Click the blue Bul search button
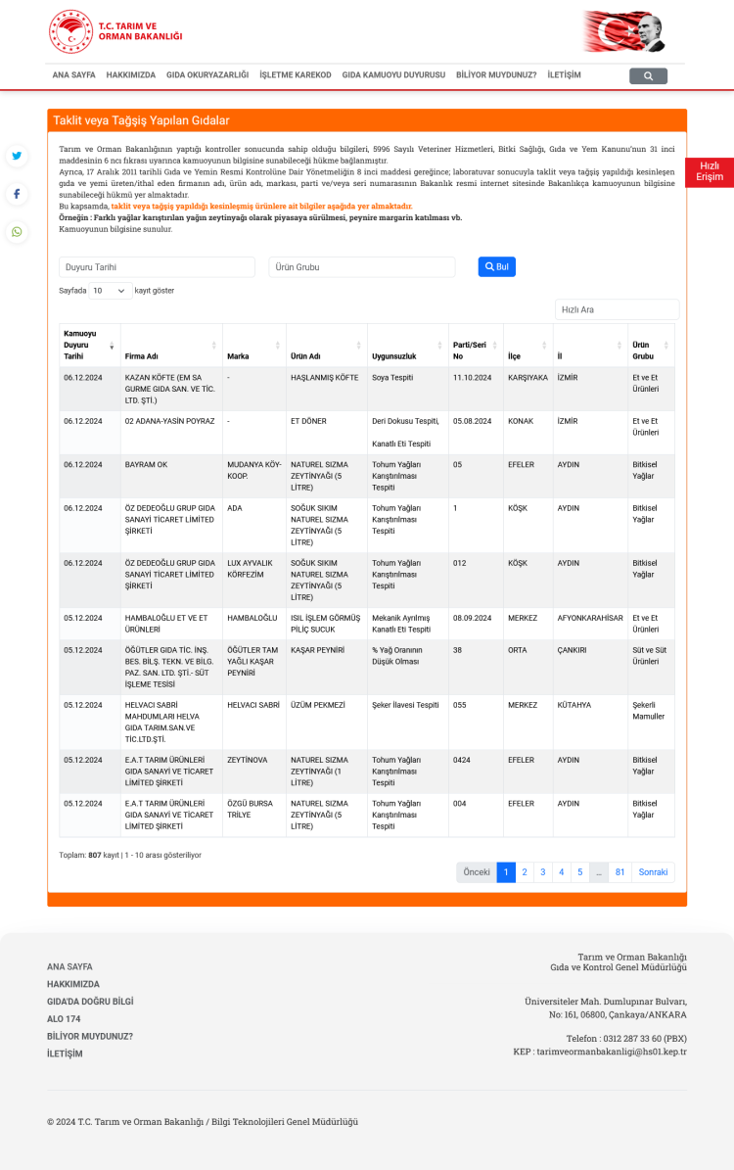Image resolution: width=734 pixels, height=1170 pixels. [x=496, y=266]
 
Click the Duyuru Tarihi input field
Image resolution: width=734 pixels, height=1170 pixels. [x=157, y=266]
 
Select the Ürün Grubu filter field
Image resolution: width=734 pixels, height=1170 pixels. [x=361, y=266]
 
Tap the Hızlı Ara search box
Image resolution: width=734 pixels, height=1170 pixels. [x=617, y=309]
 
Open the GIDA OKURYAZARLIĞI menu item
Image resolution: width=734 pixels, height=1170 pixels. [x=207, y=74]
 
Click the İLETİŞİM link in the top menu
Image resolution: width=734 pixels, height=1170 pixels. [x=564, y=74]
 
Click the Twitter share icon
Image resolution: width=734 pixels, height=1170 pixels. [x=17, y=156]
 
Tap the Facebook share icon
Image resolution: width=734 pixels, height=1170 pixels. [x=17, y=194]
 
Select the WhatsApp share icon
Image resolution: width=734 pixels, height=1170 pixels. [x=17, y=232]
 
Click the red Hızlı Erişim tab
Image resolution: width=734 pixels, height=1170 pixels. [x=710, y=172]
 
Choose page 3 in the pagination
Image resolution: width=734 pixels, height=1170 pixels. [x=543, y=871]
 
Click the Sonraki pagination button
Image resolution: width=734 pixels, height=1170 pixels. [x=653, y=871]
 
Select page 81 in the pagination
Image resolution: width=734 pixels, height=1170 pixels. [x=619, y=871]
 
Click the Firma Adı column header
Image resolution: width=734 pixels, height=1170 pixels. [x=142, y=356]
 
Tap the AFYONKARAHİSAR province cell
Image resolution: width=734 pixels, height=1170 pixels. [x=590, y=618]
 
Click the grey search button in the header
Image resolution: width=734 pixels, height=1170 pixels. [x=648, y=75]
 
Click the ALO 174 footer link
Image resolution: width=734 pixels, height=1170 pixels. [x=64, y=1018]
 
